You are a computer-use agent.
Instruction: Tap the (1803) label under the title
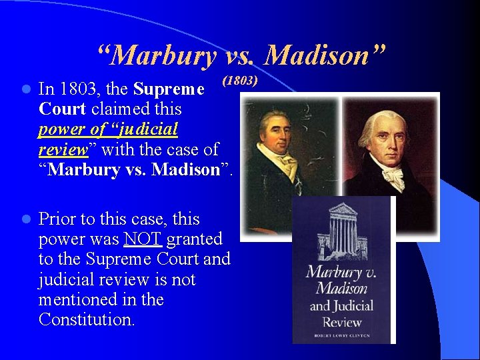point(239,81)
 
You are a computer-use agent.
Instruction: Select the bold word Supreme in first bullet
point(169,89)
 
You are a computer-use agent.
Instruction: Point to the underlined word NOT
point(143,239)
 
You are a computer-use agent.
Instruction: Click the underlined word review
point(63,149)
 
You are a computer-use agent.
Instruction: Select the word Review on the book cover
point(342,323)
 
